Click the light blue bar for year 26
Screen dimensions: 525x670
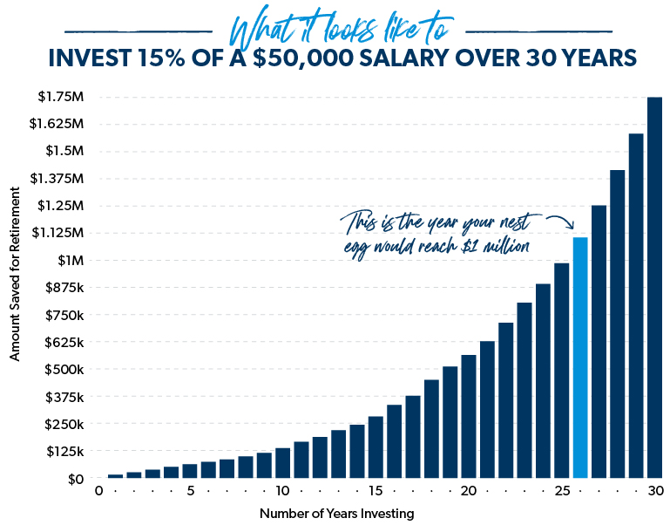coord(580,358)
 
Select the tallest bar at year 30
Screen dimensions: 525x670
coord(654,288)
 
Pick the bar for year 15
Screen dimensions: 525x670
coord(376,447)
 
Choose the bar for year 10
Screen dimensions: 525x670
coord(282,463)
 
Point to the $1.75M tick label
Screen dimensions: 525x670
coord(61,97)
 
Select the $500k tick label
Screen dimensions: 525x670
coord(63,369)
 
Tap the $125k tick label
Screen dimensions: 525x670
coord(63,451)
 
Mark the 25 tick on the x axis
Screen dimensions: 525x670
coord(562,491)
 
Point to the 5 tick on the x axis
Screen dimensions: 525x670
coord(190,491)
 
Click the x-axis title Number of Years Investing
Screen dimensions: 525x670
coord(336,514)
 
